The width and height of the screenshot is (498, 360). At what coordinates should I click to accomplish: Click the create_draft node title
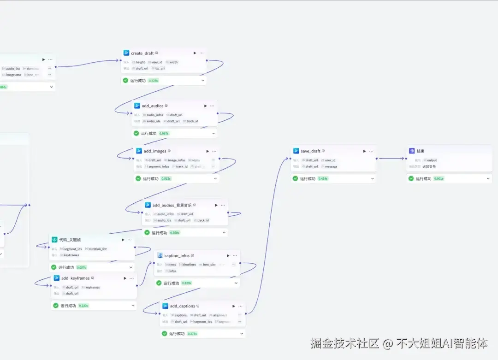142,53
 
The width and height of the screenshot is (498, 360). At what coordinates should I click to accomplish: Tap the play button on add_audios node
206,106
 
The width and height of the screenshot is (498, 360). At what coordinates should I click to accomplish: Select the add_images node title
154,151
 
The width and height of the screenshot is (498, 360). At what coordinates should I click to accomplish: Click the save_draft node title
310,151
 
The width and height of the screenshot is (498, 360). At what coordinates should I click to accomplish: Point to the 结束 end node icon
412,151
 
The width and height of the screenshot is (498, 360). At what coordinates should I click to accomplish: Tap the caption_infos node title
177,255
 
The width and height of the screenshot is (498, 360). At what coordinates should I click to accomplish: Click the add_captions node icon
165,306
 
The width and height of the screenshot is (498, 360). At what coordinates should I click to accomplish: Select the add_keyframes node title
75,278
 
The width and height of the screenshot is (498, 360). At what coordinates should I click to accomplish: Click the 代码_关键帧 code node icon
54,240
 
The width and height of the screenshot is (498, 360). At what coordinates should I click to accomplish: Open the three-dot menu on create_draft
202,53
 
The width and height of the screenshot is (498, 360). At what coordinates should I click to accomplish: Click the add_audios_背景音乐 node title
172,205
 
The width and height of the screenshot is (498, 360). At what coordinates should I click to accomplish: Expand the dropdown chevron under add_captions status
242,333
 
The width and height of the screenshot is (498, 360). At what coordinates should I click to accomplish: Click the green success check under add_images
138,178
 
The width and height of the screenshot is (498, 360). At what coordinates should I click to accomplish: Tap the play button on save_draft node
364,151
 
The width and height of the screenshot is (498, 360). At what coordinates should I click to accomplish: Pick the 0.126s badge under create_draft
153,80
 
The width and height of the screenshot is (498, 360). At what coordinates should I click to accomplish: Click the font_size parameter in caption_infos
209,265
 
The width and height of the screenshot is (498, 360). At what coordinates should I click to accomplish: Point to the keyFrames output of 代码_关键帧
71,255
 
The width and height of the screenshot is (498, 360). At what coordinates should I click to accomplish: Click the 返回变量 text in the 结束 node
416,166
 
